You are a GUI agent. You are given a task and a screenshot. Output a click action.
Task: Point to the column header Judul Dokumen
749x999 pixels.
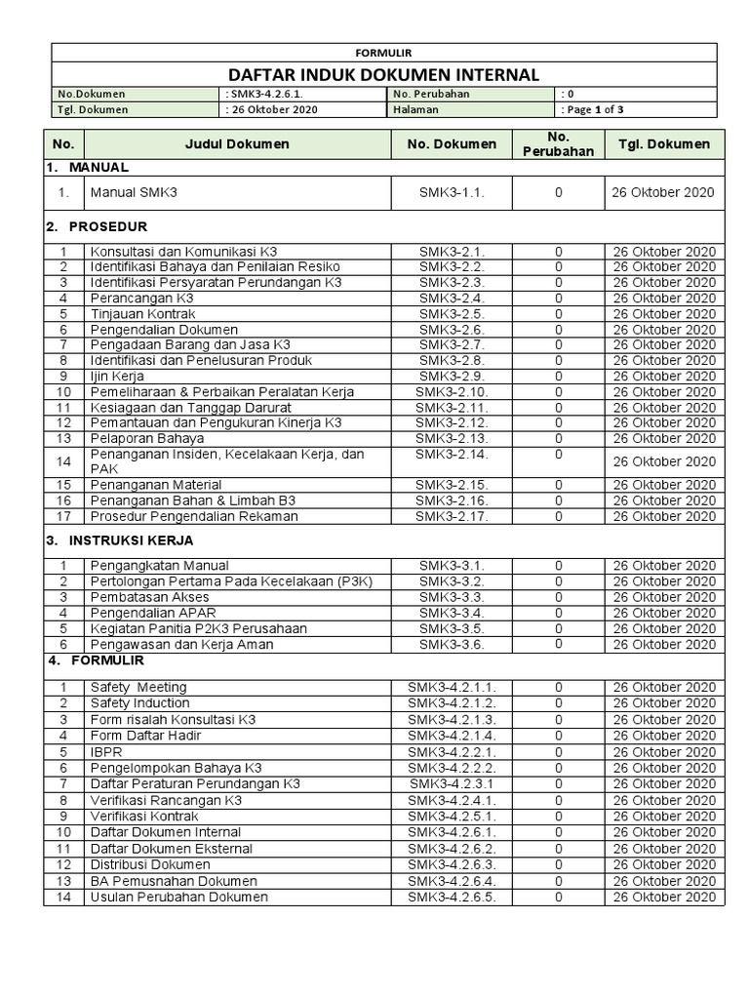(x=237, y=143)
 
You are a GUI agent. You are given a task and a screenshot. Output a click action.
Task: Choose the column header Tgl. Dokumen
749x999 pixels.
(x=663, y=143)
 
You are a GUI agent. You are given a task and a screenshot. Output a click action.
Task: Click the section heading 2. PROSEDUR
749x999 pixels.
(x=97, y=226)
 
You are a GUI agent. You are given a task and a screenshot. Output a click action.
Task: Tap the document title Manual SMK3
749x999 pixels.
(x=135, y=192)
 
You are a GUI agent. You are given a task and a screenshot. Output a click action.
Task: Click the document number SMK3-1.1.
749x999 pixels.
(x=452, y=192)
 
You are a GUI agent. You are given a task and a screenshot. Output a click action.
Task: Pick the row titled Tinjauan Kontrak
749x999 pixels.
(x=142, y=313)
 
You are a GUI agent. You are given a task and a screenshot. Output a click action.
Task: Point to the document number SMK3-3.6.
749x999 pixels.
(x=452, y=644)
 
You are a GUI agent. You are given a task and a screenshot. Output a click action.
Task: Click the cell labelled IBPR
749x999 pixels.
(x=106, y=752)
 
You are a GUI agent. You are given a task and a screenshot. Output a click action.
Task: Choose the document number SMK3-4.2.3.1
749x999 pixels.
(x=452, y=783)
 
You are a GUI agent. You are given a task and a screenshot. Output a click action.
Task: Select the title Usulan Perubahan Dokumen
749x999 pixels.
(x=178, y=897)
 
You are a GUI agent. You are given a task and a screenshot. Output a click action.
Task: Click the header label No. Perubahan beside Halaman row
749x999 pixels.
(x=432, y=94)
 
